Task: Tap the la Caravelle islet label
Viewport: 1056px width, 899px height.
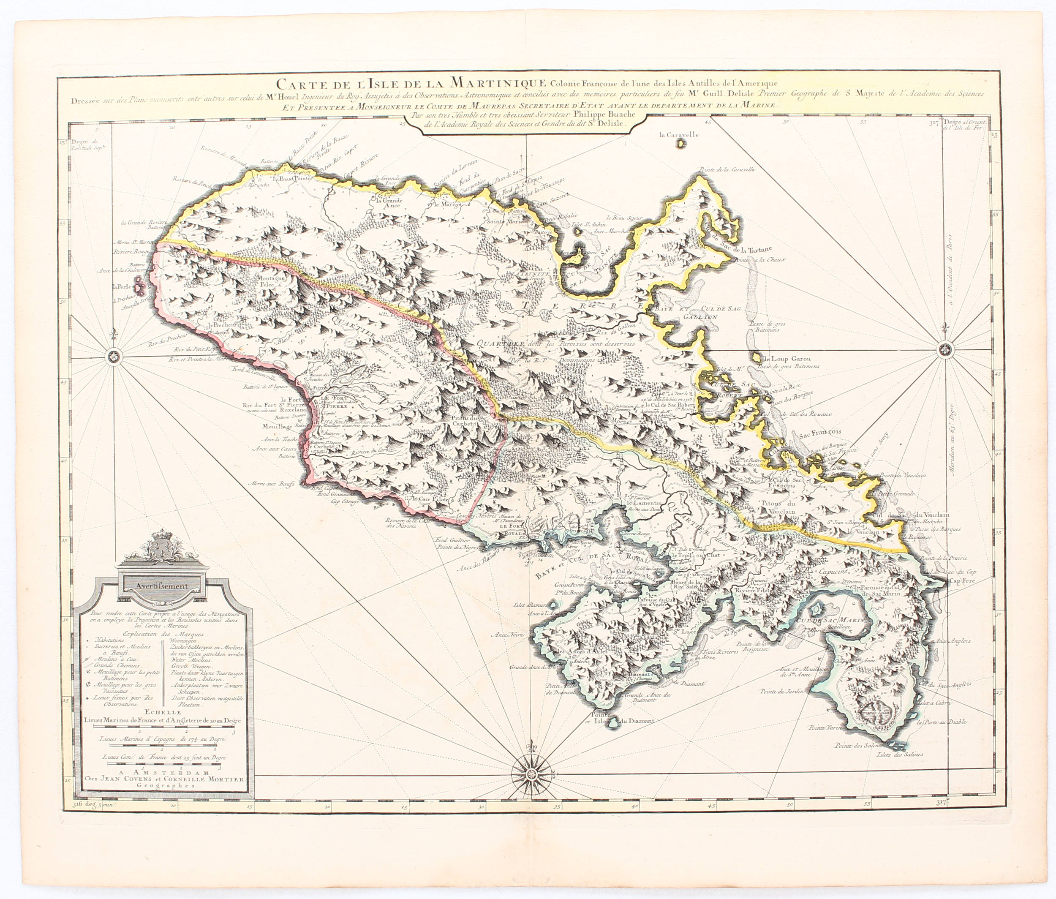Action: pos(678,135)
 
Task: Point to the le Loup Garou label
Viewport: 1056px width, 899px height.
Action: pos(783,359)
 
